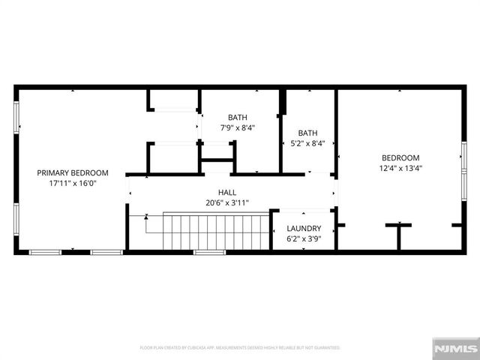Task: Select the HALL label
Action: pos(227,192)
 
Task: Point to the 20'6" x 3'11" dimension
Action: pos(227,202)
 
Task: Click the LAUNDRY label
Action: pos(304,228)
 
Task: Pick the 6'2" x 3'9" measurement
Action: pos(304,238)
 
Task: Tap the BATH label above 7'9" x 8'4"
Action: pos(238,117)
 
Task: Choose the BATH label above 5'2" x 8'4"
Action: pos(307,132)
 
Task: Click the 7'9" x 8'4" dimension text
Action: pos(238,127)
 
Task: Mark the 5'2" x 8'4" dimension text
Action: pos(307,142)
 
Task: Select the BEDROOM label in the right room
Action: pos(400,157)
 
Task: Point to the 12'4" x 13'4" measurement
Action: pos(400,168)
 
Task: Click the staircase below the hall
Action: pos(216,231)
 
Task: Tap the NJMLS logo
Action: pos(454,349)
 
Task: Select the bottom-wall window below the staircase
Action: pos(209,252)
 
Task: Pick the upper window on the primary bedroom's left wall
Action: pos(16,116)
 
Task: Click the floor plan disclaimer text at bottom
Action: pos(240,348)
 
